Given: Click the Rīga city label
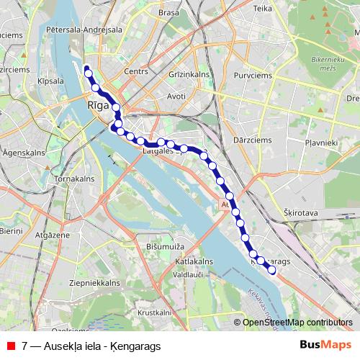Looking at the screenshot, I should [98, 105].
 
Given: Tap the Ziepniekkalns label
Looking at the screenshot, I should [93, 284].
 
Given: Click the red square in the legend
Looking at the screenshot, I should [10, 345].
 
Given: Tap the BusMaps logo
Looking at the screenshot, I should [325, 345].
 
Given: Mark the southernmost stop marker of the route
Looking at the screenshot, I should [272, 270].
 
